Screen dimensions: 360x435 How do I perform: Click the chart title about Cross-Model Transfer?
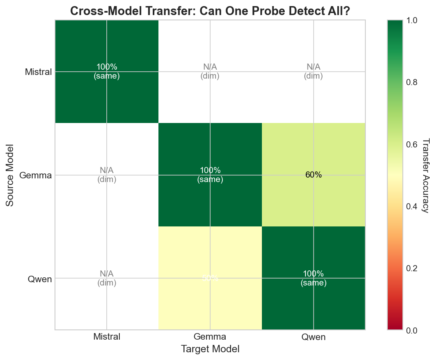point(210,11)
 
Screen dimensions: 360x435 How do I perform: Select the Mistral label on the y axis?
point(38,72)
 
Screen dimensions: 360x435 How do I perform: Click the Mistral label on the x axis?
point(107,337)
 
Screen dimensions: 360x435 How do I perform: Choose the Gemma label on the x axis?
point(210,337)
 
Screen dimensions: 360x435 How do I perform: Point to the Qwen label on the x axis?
point(313,337)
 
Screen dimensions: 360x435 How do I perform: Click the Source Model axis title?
point(10,175)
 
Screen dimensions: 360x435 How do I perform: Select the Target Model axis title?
point(210,349)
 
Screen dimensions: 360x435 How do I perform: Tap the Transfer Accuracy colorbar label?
point(426,175)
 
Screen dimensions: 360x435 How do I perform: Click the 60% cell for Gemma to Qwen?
point(313,175)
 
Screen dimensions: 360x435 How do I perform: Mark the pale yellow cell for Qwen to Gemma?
point(210,278)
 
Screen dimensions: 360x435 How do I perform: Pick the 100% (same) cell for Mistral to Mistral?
point(107,72)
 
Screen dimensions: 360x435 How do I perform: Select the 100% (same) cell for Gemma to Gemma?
point(210,175)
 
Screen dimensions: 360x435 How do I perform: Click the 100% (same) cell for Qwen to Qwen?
point(313,278)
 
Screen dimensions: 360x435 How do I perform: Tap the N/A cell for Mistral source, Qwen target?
point(313,72)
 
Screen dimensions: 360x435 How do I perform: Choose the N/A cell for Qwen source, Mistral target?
point(107,278)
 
